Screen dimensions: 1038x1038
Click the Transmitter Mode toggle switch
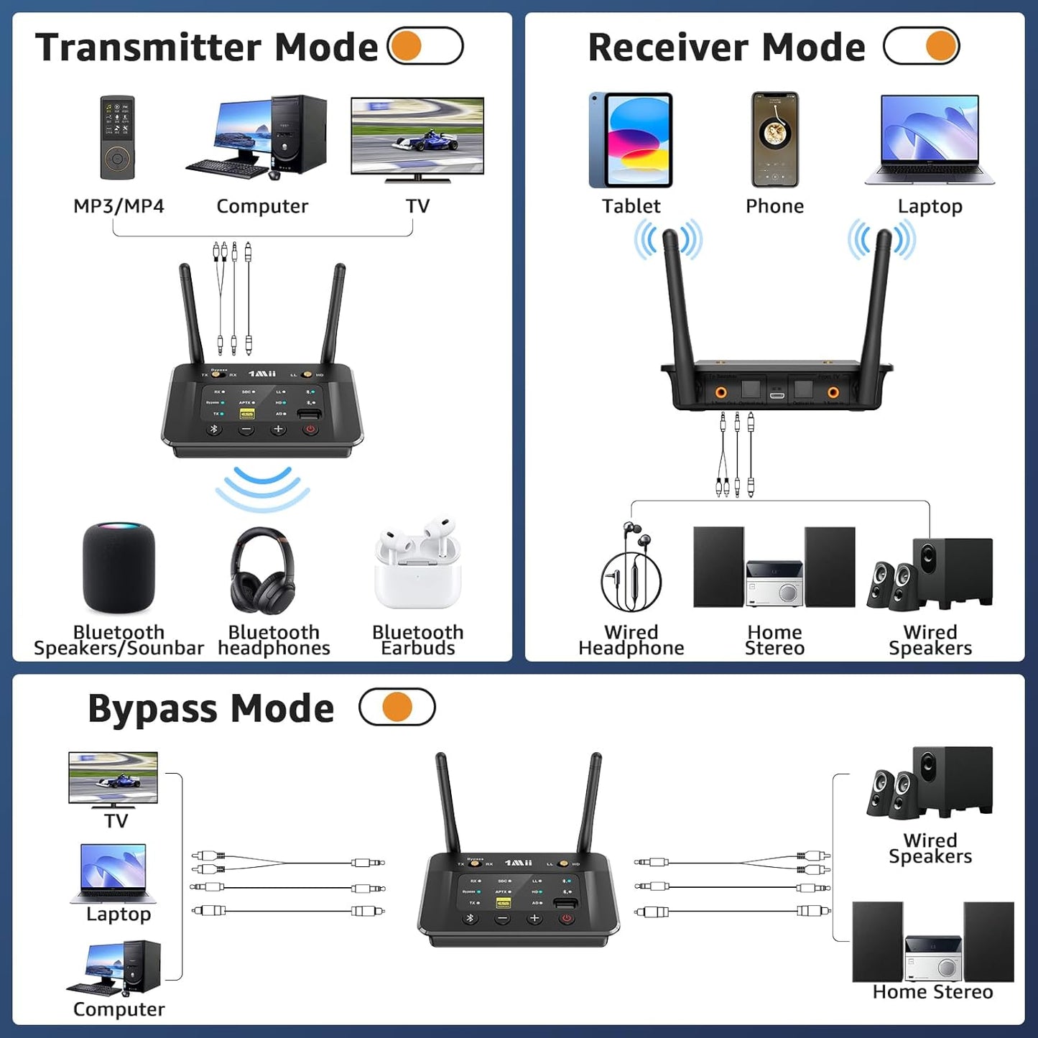pyautogui.click(x=425, y=46)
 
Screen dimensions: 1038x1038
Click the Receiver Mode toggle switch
pyautogui.click(x=922, y=46)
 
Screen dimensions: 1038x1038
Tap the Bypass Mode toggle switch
pyautogui.click(x=397, y=707)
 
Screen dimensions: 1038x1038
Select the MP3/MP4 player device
pyautogui.click(x=117, y=138)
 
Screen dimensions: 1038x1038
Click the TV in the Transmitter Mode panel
pyautogui.click(x=417, y=139)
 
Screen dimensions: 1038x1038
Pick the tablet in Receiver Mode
pyautogui.click(x=631, y=140)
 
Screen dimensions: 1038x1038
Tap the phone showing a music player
pyautogui.click(x=774, y=139)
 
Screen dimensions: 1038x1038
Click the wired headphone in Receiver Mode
pyautogui.click(x=630, y=567)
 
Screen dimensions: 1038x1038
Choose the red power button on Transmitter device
pyautogui.click(x=310, y=430)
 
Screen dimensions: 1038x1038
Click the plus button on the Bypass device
pyautogui.click(x=534, y=919)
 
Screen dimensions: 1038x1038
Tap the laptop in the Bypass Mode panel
pyautogui.click(x=114, y=873)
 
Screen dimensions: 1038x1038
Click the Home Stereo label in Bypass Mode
pyautogui.click(x=932, y=992)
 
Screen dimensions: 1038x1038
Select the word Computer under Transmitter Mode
pyautogui.click(x=262, y=206)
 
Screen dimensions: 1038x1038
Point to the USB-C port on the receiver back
pyautogui.click(x=777, y=394)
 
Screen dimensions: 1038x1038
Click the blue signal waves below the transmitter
pyautogui.click(x=263, y=488)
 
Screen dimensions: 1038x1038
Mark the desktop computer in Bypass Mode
pyautogui.click(x=115, y=968)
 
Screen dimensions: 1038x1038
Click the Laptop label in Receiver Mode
pyautogui.click(x=930, y=206)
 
